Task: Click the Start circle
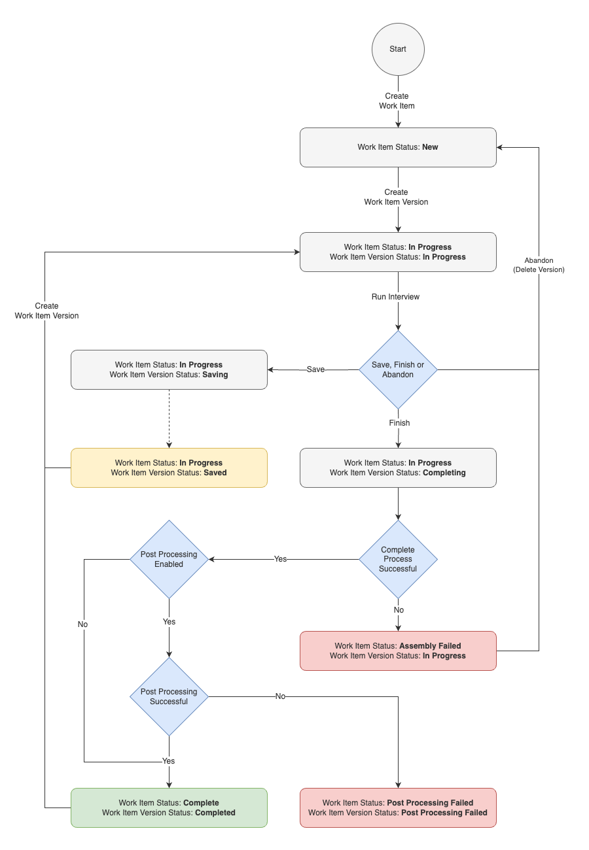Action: pos(398,49)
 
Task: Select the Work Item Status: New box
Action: pos(398,147)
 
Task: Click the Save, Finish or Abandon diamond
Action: pos(398,369)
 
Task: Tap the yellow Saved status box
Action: pos(169,467)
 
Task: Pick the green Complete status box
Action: pos(169,807)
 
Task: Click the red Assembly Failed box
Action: pos(398,651)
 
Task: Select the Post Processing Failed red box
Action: pos(398,807)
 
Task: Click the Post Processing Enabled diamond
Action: pos(169,559)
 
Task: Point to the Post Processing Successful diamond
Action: pos(169,696)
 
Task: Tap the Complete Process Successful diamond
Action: pos(398,559)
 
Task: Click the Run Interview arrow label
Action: pos(395,297)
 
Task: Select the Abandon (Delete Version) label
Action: pos(539,265)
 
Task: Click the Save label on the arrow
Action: pos(315,369)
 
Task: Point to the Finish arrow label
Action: pos(399,423)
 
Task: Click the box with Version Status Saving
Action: pos(169,369)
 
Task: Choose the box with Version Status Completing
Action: pos(398,467)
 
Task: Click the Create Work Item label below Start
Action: pos(397,101)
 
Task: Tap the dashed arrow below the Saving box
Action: pos(169,418)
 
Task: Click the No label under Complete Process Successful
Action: pos(399,610)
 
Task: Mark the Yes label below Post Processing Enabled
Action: pos(169,622)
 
